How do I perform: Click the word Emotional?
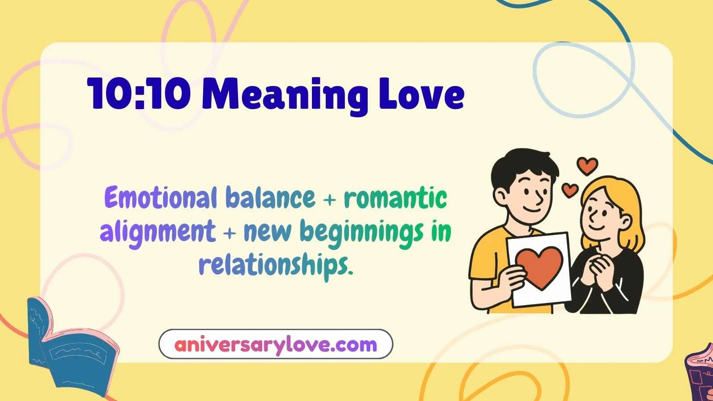(160, 198)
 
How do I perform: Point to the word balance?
(270, 198)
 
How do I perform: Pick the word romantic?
(396, 198)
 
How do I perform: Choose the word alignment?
(158, 232)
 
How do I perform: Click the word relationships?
(275, 265)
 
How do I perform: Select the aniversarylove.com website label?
(275, 344)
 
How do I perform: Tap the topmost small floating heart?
(587, 166)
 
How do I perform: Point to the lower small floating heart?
(570, 190)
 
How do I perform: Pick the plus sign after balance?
(329, 200)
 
